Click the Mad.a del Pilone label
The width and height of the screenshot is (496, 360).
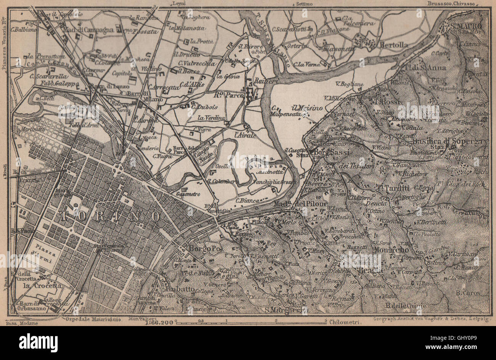click(300, 204)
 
